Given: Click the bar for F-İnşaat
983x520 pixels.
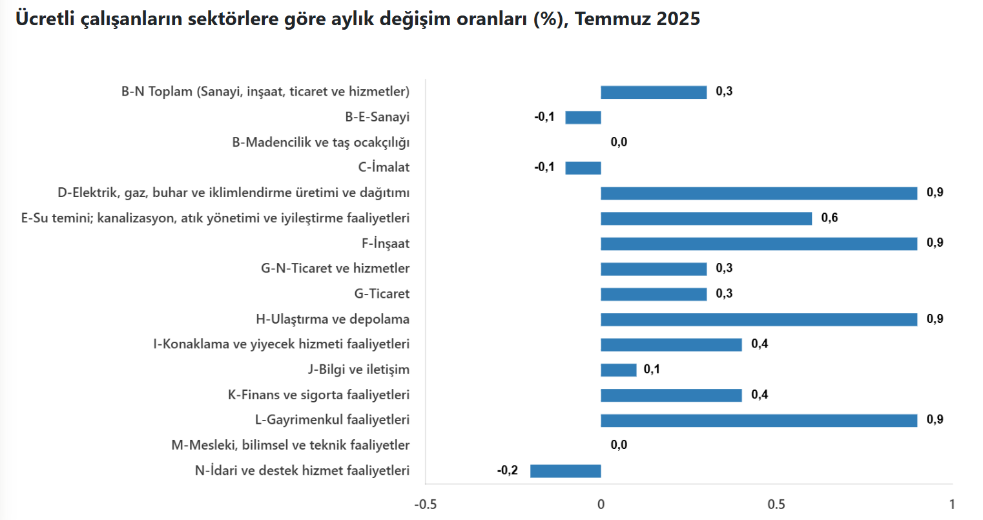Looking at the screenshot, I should coord(759,244).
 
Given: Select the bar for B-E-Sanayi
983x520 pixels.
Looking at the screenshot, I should coord(583,118).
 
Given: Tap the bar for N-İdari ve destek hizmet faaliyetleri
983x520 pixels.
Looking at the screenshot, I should coord(566,471).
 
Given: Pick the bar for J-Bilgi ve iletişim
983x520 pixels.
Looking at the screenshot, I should coord(619,370).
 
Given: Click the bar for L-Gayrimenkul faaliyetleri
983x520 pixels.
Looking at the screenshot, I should coord(759,421).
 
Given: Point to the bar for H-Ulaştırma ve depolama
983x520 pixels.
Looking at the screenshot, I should coord(759,319).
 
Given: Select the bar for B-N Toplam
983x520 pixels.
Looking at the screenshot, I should coord(654,92).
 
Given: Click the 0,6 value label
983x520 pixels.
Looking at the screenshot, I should coord(829,218).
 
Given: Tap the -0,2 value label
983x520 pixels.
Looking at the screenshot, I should coord(508,470).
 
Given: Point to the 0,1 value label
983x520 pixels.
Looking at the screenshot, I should coord(652,369).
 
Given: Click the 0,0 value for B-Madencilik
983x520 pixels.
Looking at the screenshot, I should coord(619,142).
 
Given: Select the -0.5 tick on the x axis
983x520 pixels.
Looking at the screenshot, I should coord(425,504).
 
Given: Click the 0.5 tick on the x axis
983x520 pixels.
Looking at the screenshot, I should coord(776,504).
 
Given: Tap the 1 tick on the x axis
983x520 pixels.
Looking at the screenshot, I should coord(952,504).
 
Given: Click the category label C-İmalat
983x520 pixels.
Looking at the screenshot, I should coord(384,167).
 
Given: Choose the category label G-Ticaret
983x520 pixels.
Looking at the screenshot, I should coord(382,294).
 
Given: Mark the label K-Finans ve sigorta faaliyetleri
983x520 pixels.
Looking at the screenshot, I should coord(318,395).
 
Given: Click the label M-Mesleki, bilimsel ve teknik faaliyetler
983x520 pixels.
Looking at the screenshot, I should coord(291,445).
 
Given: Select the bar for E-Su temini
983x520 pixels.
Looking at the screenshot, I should coord(706,218).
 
